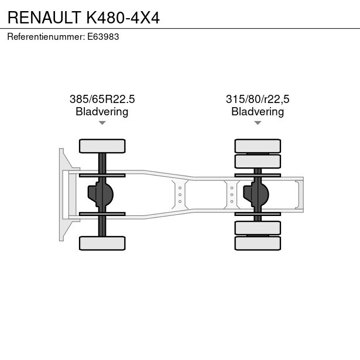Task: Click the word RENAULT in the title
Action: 44,18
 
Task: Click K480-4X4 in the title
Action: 123,18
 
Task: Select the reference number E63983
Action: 103,37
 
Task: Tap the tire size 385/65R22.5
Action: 102,99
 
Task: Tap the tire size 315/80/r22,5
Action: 258,99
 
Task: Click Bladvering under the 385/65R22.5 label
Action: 102,112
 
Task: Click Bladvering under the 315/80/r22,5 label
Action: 258,112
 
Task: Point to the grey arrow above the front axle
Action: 102,123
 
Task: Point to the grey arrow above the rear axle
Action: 258,123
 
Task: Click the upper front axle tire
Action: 102,146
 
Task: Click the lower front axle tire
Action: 102,243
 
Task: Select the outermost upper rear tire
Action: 258,146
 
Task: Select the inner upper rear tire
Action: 258,162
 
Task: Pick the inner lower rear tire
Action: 258,228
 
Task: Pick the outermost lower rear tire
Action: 258,243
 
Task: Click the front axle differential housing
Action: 101,195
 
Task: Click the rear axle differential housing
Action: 256,195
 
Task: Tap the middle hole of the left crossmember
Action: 180,195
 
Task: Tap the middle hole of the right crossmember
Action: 232,195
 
